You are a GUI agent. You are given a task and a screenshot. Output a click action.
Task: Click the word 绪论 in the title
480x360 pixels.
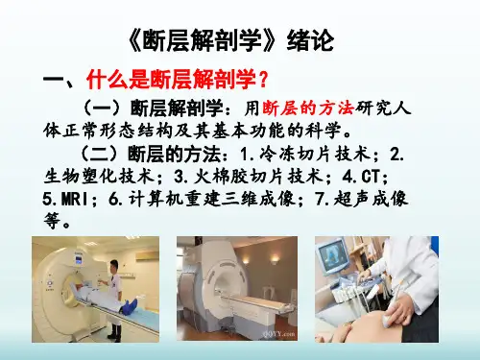(310, 41)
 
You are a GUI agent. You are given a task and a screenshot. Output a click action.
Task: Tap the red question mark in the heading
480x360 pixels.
(264, 80)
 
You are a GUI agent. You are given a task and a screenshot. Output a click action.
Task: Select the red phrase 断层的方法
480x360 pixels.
(308, 108)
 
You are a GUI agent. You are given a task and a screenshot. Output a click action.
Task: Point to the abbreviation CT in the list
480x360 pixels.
(371, 177)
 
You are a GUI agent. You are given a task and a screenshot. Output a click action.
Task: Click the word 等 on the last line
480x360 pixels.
(52, 220)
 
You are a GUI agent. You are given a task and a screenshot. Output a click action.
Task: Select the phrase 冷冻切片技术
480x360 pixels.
(315, 155)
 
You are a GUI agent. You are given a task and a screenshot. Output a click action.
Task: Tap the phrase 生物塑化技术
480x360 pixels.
(100, 177)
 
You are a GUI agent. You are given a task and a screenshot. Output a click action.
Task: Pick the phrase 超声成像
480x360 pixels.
(371, 199)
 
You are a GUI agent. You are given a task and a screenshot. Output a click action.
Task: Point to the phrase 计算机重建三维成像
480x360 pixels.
(212, 199)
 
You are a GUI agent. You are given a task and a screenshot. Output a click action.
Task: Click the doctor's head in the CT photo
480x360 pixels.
(114, 267)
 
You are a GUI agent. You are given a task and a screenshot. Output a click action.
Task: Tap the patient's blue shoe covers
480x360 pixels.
(129, 305)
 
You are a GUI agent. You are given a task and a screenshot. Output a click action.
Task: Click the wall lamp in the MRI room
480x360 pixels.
(275, 259)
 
